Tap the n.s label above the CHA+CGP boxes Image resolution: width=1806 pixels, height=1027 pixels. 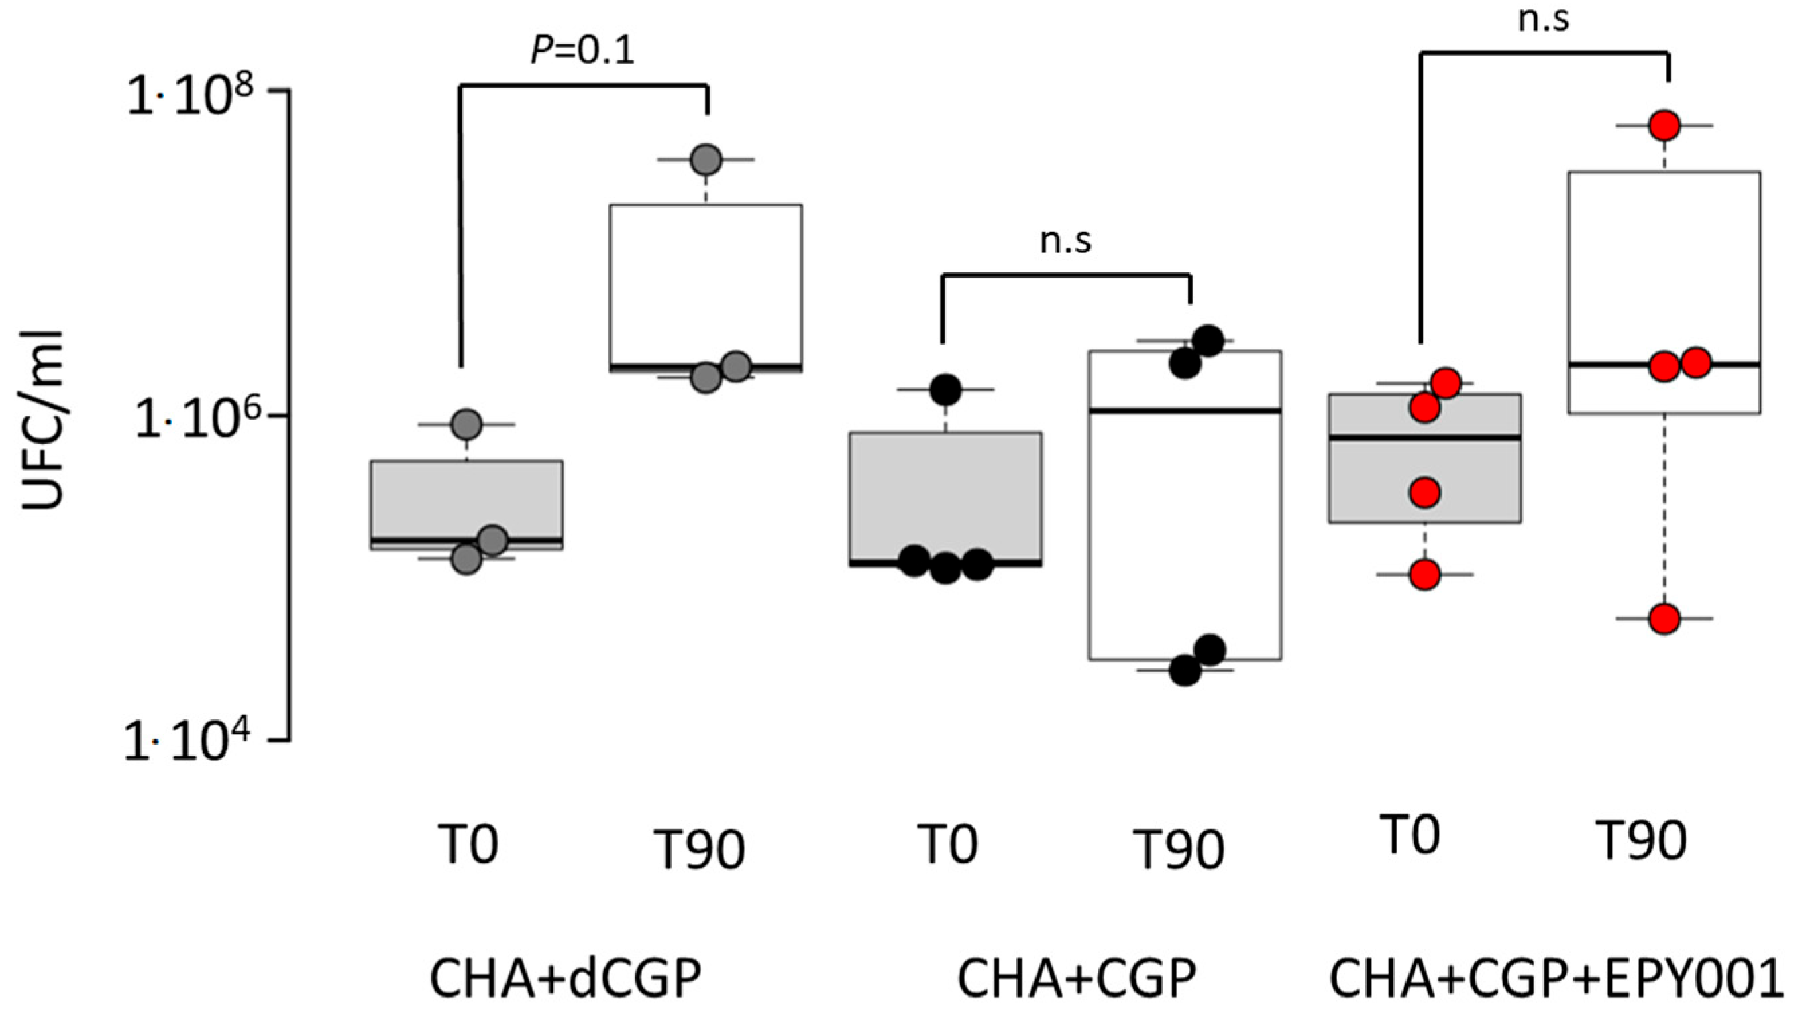(x=1065, y=241)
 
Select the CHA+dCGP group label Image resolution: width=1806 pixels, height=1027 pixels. (x=566, y=978)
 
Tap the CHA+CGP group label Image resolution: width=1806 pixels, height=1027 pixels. (x=1076, y=978)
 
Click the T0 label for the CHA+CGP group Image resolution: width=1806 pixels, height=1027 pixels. (x=947, y=843)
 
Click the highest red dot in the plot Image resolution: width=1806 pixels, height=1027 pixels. (x=1665, y=125)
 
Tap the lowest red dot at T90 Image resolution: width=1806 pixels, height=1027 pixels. (x=1665, y=619)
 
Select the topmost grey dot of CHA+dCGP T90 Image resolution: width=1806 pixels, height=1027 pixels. (x=706, y=160)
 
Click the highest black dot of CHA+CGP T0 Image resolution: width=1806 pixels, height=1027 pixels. (x=945, y=389)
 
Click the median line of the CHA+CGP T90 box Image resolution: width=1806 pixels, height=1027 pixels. (x=1185, y=410)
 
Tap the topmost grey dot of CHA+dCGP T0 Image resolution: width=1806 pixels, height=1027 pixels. (x=466, y=424)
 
